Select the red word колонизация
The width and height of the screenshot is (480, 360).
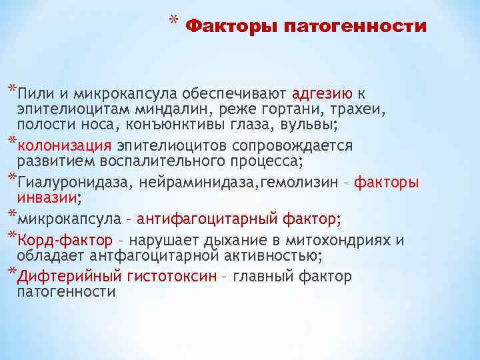pyautogui.click(x=64, y=145)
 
